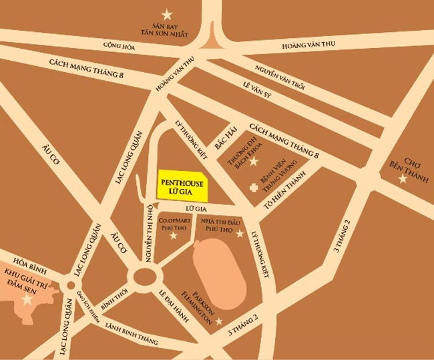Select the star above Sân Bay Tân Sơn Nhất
(x=167, y=13)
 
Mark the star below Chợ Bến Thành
(x=402, y=179)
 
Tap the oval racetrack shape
(x=219, y=275)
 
